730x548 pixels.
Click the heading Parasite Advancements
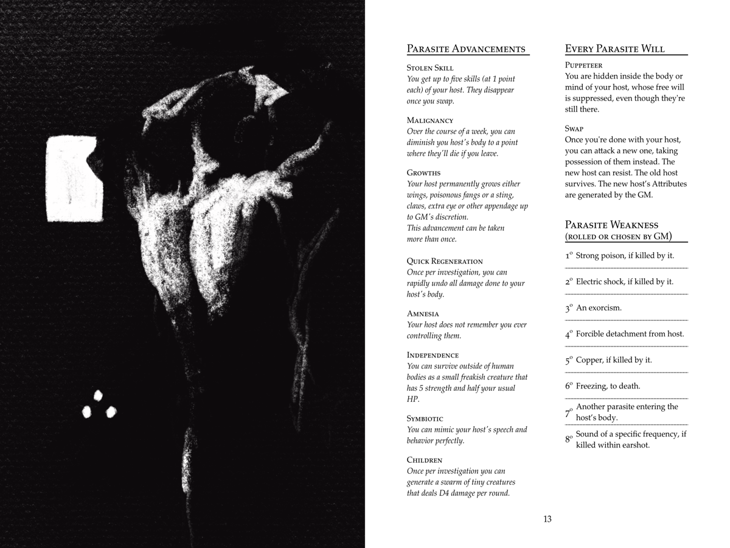point(465,49)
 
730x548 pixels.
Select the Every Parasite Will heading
point(614,49)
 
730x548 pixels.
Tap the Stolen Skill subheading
point(429,68)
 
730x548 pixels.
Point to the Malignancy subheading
point(429,120)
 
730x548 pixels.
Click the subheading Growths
point(423,172)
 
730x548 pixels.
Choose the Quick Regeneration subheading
point(445,261)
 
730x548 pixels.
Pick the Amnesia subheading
point(423,313)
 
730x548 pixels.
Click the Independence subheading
point(433,354)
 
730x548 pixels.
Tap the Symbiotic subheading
point(425,418)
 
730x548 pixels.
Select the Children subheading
point(424,460)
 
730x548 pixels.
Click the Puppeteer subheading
point(584,65)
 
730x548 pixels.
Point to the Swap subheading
point(574,128)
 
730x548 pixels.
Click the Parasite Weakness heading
point(611,225)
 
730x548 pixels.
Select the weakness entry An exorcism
point(599,308)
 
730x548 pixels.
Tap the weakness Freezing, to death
point(608,386)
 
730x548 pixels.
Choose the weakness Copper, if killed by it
point(614,360)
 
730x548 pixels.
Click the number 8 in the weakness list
point(568,439)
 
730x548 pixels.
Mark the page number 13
point(547,519)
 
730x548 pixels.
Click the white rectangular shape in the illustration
point(73,178)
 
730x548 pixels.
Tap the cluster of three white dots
point(99,404)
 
